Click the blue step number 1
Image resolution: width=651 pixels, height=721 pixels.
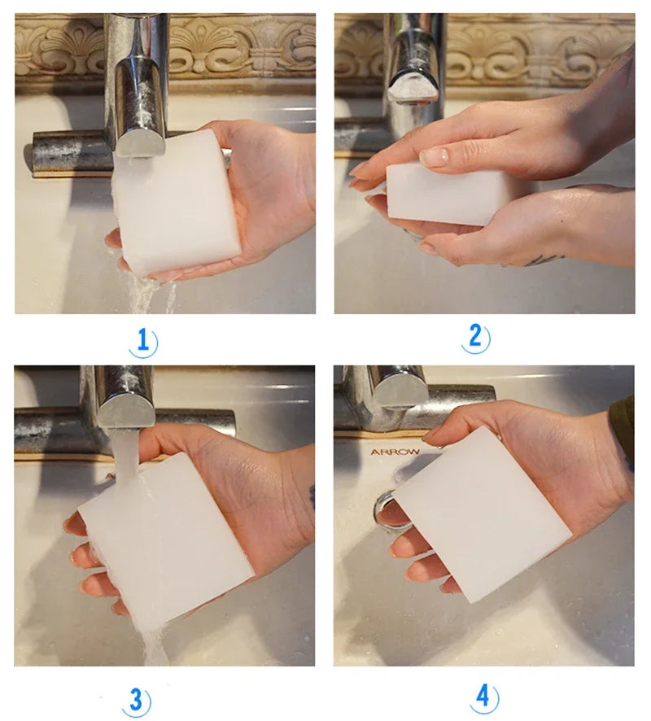(x=143, y=340)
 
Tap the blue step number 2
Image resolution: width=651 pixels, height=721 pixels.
(x=477, y=337)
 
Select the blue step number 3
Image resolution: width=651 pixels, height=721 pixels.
(x=136, y=699)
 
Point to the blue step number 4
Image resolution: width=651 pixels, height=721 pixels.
(x=483, y=697)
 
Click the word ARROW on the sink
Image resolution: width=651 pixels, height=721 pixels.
(x=395, y=452)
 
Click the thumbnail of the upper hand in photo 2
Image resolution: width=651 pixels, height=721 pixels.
(x=435, y=157)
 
